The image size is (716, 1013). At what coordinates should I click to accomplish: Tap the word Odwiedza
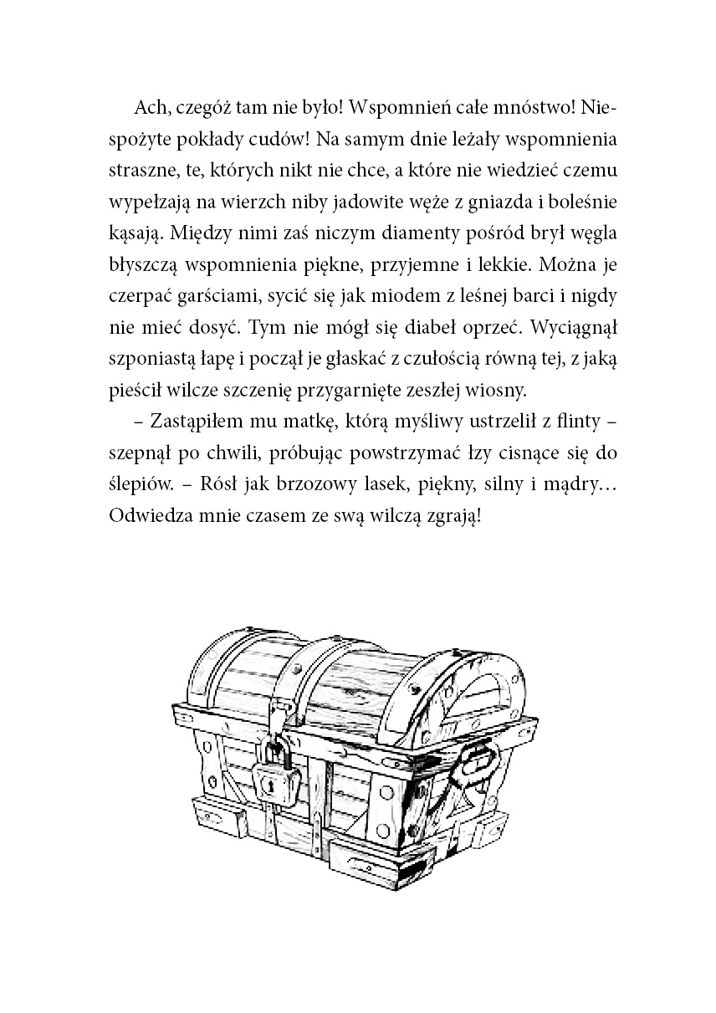148,514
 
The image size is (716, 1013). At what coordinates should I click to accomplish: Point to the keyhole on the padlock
271,784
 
